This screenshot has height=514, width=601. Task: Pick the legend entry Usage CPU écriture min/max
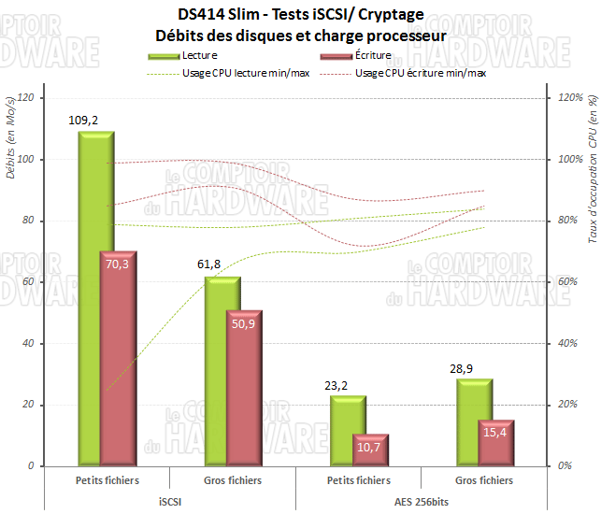coord(421,72)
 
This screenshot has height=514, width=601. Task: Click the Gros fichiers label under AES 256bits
coord(483,480)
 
